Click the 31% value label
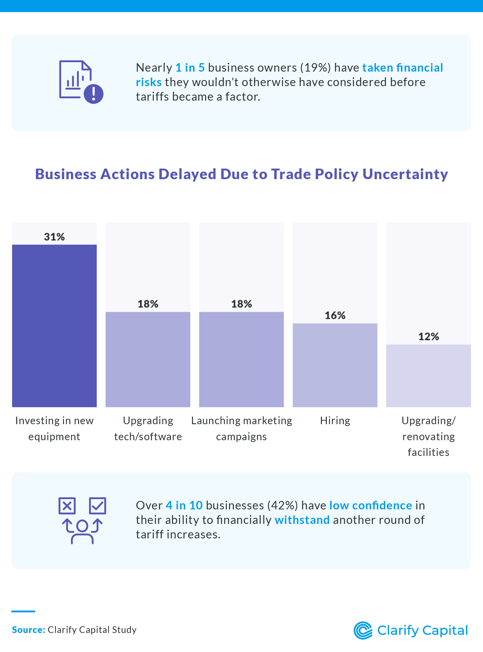(x=54, y=237)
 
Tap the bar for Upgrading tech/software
(x=148, y=359)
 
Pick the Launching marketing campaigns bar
(x=241, y=359)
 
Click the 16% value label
(x=335, y=315)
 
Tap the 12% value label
(x=428, y=337)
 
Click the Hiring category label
(x=335, y=421)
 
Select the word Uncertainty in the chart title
(x=405, y=174)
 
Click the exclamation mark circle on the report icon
(x=94, y=94)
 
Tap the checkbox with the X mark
(x=67, y=506)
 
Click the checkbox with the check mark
(x=98, y=506)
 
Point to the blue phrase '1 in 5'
(x=190, y=68)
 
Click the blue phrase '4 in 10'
(x=184, y=505)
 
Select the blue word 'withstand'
(x=302, y=520)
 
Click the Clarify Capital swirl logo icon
(x=363, y=630)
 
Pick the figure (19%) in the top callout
(x=315, y=68)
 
